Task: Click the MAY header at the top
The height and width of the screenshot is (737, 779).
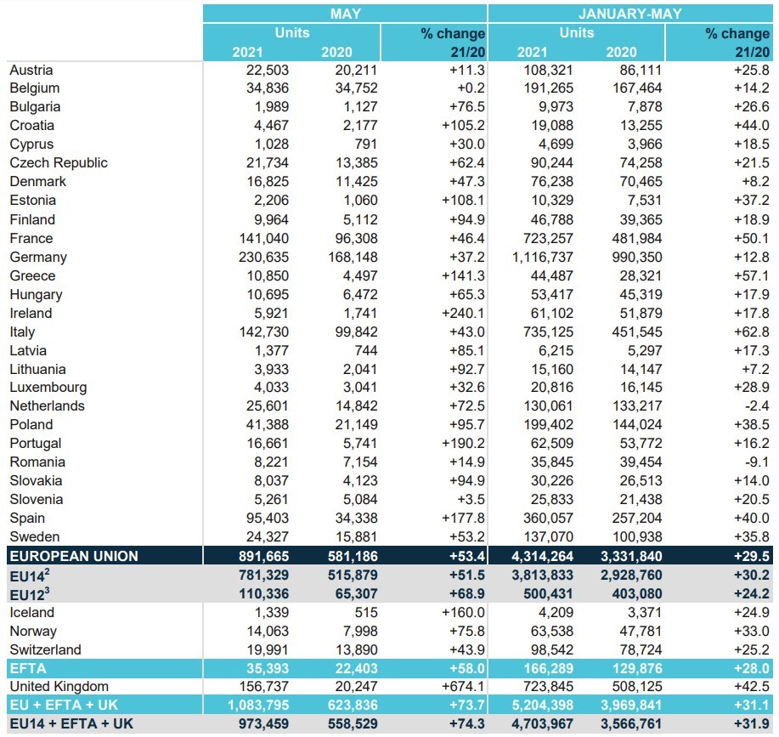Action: pos(345,14)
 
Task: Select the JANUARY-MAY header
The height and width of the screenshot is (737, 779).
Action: pos(630,14)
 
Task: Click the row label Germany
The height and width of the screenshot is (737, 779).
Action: pos(38,258)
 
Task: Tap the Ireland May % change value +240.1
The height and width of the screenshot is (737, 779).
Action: pos(463,313)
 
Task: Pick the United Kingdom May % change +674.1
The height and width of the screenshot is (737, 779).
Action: pos(463,686)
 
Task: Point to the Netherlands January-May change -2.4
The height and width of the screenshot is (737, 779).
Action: pos(757,406)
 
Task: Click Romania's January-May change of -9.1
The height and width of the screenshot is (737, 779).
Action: pos(757,462)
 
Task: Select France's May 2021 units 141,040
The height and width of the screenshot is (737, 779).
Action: pos(264,239)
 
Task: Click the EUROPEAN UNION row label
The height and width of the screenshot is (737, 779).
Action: pos(74,556)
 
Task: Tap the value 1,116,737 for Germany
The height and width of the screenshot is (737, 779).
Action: pos(543,258)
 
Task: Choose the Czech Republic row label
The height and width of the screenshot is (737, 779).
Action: pos(59,163)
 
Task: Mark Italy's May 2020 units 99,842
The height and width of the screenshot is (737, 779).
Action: pos(356,332)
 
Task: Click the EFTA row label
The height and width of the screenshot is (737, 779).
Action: pos(28,668)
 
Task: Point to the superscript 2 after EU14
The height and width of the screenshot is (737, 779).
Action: pos(47,571)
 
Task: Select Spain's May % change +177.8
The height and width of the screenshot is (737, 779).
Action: pos(463,518)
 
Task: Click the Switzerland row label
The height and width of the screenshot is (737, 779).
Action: pos(45,649)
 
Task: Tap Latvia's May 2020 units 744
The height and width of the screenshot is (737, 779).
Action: pos(366,350)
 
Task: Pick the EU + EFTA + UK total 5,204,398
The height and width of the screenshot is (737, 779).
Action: pos(543,706)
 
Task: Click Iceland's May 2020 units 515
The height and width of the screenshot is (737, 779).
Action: pos(366,612)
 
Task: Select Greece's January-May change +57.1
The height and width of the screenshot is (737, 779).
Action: pos(752,275)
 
